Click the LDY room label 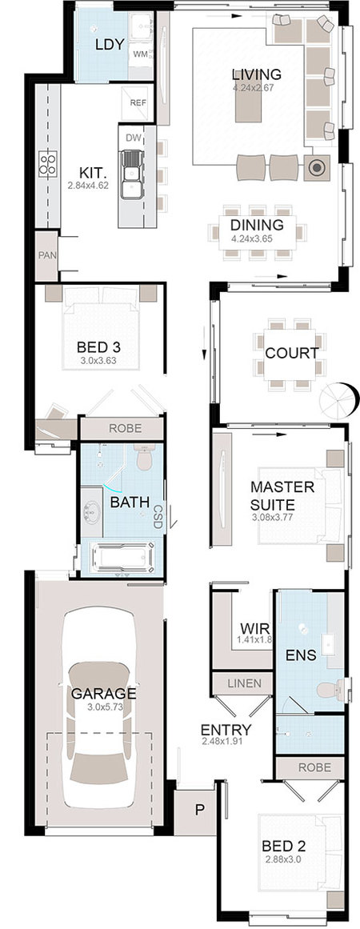pos(110,44)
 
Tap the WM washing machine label pos(140,54)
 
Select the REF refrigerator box pos(138,102)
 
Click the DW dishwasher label pos(134,138)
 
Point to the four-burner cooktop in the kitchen pos(48,163)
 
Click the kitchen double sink pos(131,174)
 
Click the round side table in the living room pos(317,168)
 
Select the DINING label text pos(257,225)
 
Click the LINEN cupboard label pos(245,683)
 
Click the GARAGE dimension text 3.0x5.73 pos(105,707)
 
